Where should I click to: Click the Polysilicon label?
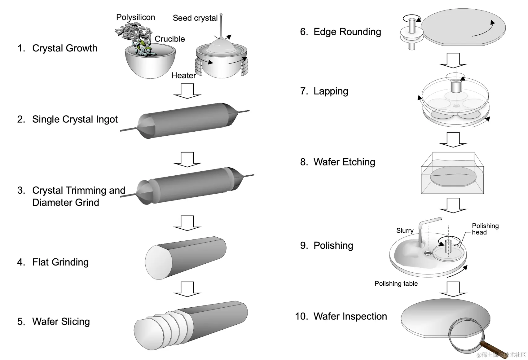coord(135,17)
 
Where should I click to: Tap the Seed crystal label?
coord(195,18)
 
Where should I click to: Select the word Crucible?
coord(170,39)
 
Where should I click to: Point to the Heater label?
coord(184,75)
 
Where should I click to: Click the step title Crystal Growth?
coord(65,48)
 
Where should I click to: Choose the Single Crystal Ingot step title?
coord(75,119)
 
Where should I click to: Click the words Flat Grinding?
coord(60,262)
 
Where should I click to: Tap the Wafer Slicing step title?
coord(61,321)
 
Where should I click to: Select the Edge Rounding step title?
coord(347,32)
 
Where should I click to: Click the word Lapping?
coord(331,91)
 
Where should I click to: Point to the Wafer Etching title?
coord(344,162)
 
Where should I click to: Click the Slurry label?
coord(405,230)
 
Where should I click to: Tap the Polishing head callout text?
coord(485,229)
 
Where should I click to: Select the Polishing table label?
coord(396,283)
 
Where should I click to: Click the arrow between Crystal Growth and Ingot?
coord(187,91)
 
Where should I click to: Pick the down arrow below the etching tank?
coord(453,205)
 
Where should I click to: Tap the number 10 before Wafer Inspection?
coord(301,316)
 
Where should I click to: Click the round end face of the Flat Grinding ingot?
coord(158,262)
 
